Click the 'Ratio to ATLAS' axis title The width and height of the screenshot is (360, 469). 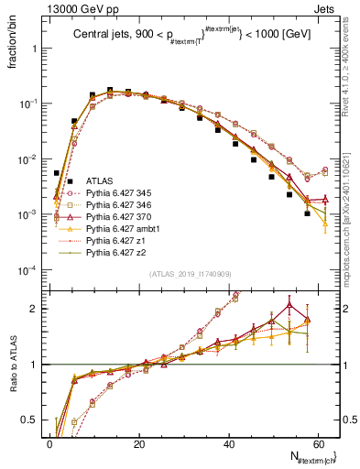click(x=12, y=366)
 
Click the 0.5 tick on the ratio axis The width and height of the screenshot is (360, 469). click(x=31, y=421)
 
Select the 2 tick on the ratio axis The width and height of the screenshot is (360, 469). click(x=35, y=309)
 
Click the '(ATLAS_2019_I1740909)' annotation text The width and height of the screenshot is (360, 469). click(x=191, y=275)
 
